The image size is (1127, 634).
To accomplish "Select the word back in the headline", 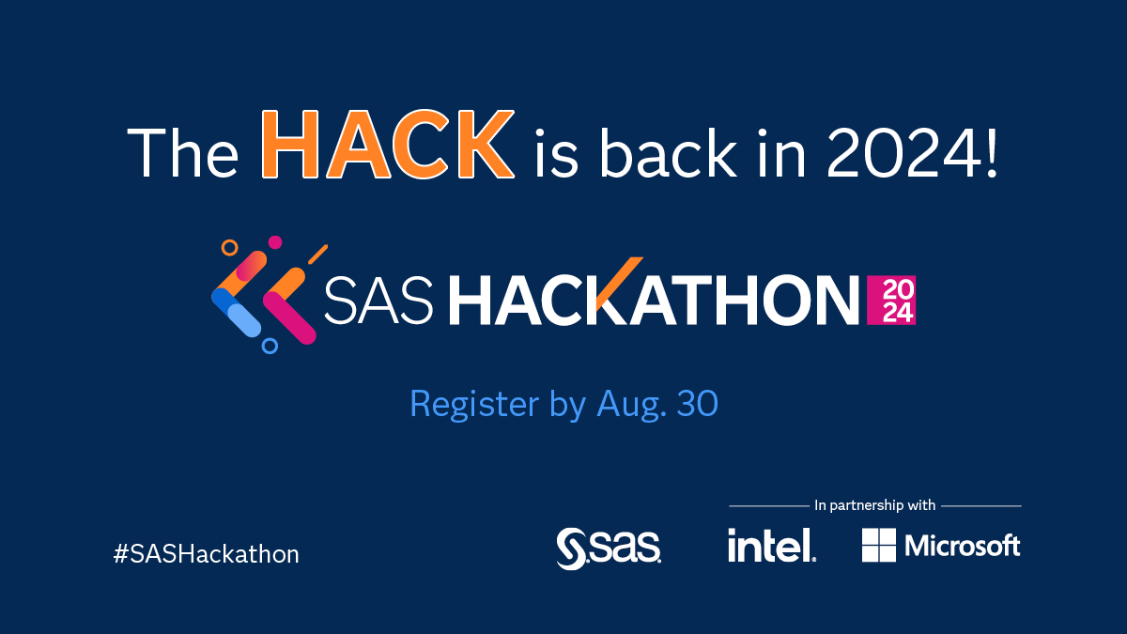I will coord(663,150).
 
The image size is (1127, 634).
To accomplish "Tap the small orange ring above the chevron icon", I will coord(229,248).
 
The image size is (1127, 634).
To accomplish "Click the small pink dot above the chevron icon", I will coord(275,242).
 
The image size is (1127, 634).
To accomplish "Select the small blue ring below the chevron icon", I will coord(270,346).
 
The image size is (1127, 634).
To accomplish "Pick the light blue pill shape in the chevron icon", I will coord(244,319).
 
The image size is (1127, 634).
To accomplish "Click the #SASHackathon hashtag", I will coord(206,554).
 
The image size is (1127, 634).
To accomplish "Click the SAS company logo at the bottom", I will coord(608,548).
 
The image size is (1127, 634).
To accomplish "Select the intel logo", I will coord(770,544).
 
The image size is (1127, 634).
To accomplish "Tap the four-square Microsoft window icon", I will coord(879,545).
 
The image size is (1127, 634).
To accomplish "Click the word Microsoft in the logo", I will coord(962,545).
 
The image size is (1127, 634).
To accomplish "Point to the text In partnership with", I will coord(874,505).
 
